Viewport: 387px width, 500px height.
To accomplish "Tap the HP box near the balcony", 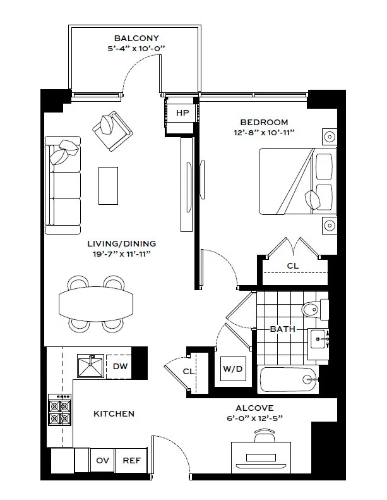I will (182, 113).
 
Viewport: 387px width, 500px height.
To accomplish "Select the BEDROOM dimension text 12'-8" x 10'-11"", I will (264, 133).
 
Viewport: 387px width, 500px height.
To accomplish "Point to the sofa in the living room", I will (62, 185).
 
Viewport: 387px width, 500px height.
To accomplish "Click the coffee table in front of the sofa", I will (108, 185).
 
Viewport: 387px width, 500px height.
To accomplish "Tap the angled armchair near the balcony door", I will (114, 131).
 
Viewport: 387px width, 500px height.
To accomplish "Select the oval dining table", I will (96, 303).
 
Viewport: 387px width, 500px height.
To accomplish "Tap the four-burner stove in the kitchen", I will (60, 410).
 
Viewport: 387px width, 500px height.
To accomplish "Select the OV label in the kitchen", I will (102, 461).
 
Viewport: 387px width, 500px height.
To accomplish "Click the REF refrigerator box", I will (131, 461).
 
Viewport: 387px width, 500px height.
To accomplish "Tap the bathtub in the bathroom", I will (287, 379).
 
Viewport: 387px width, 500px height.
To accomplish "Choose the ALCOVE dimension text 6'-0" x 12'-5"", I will (254, 418).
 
